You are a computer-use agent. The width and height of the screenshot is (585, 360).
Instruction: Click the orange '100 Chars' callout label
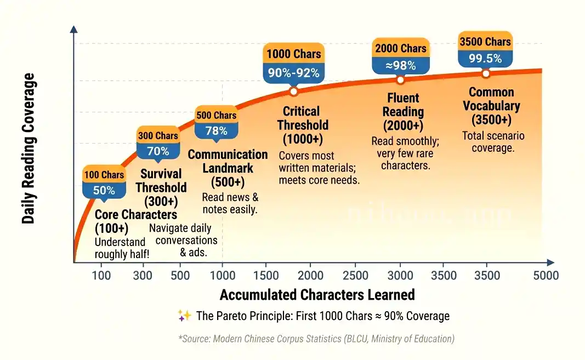click(x=104, y=175)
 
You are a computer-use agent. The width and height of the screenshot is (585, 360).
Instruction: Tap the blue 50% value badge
click(x=104, y=190)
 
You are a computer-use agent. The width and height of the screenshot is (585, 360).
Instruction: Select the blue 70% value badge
click(x=158, y=151)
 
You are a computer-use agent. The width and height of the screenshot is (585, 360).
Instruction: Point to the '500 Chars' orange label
click(x=217, y=115)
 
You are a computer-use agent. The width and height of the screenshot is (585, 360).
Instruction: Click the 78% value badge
click(x=217, y=130)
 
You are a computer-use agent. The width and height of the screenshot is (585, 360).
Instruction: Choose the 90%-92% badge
click(x=293, y=72)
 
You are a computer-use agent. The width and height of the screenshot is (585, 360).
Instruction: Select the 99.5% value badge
click(x=485, y=58)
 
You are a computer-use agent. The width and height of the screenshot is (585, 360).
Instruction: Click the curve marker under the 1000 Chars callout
click(x=293, y=92)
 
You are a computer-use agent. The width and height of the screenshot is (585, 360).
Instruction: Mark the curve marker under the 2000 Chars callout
click(x=400, y=80)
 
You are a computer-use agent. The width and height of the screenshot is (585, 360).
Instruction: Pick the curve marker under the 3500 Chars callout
click(x=485, y=73)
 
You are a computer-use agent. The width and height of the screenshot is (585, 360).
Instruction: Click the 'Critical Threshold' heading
click(x=303, y=118)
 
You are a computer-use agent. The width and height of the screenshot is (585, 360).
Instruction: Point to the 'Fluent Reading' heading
click(x=403, y=105)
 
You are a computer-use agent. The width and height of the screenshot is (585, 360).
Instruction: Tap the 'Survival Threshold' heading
click(x=161, y=180)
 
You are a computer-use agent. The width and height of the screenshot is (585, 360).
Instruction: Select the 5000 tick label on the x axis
click(x=546, y=275)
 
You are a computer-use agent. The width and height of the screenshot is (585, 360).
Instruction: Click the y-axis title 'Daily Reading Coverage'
click(x=29, y=148)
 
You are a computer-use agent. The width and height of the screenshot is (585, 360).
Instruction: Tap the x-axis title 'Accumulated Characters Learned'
click(x=317, y=295)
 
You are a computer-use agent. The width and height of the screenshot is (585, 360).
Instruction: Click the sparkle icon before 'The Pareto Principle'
click(x=184, y=316)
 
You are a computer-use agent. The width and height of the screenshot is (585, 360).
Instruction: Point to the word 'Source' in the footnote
click(x=196, y=339)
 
